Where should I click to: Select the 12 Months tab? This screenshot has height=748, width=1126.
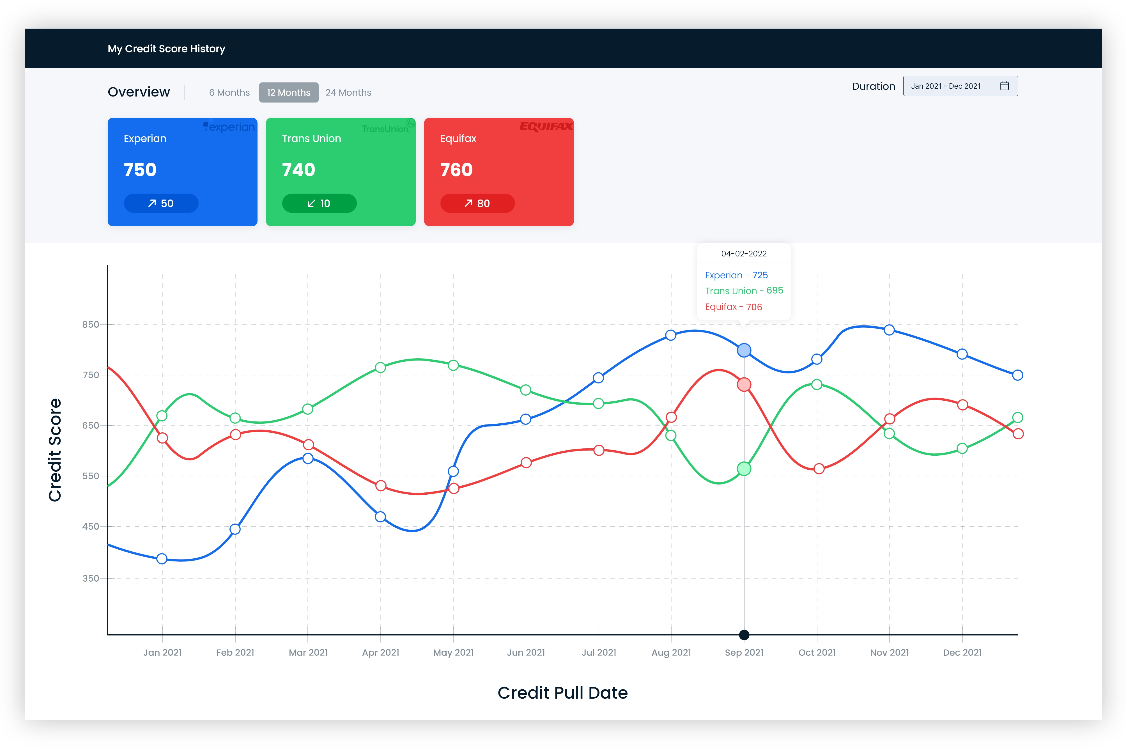tap(289, 93)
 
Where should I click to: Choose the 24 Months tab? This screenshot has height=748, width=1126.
tap(348, 93)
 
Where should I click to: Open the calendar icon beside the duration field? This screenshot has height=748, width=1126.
tap(1004, 86)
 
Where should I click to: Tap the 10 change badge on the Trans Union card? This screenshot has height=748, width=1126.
tap(319, 203)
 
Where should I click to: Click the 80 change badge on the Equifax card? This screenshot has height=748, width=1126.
tap(477, 203)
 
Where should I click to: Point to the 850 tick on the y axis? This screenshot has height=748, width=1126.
tap(91, 324)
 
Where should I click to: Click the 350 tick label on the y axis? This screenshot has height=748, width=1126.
tap(91, 578)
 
